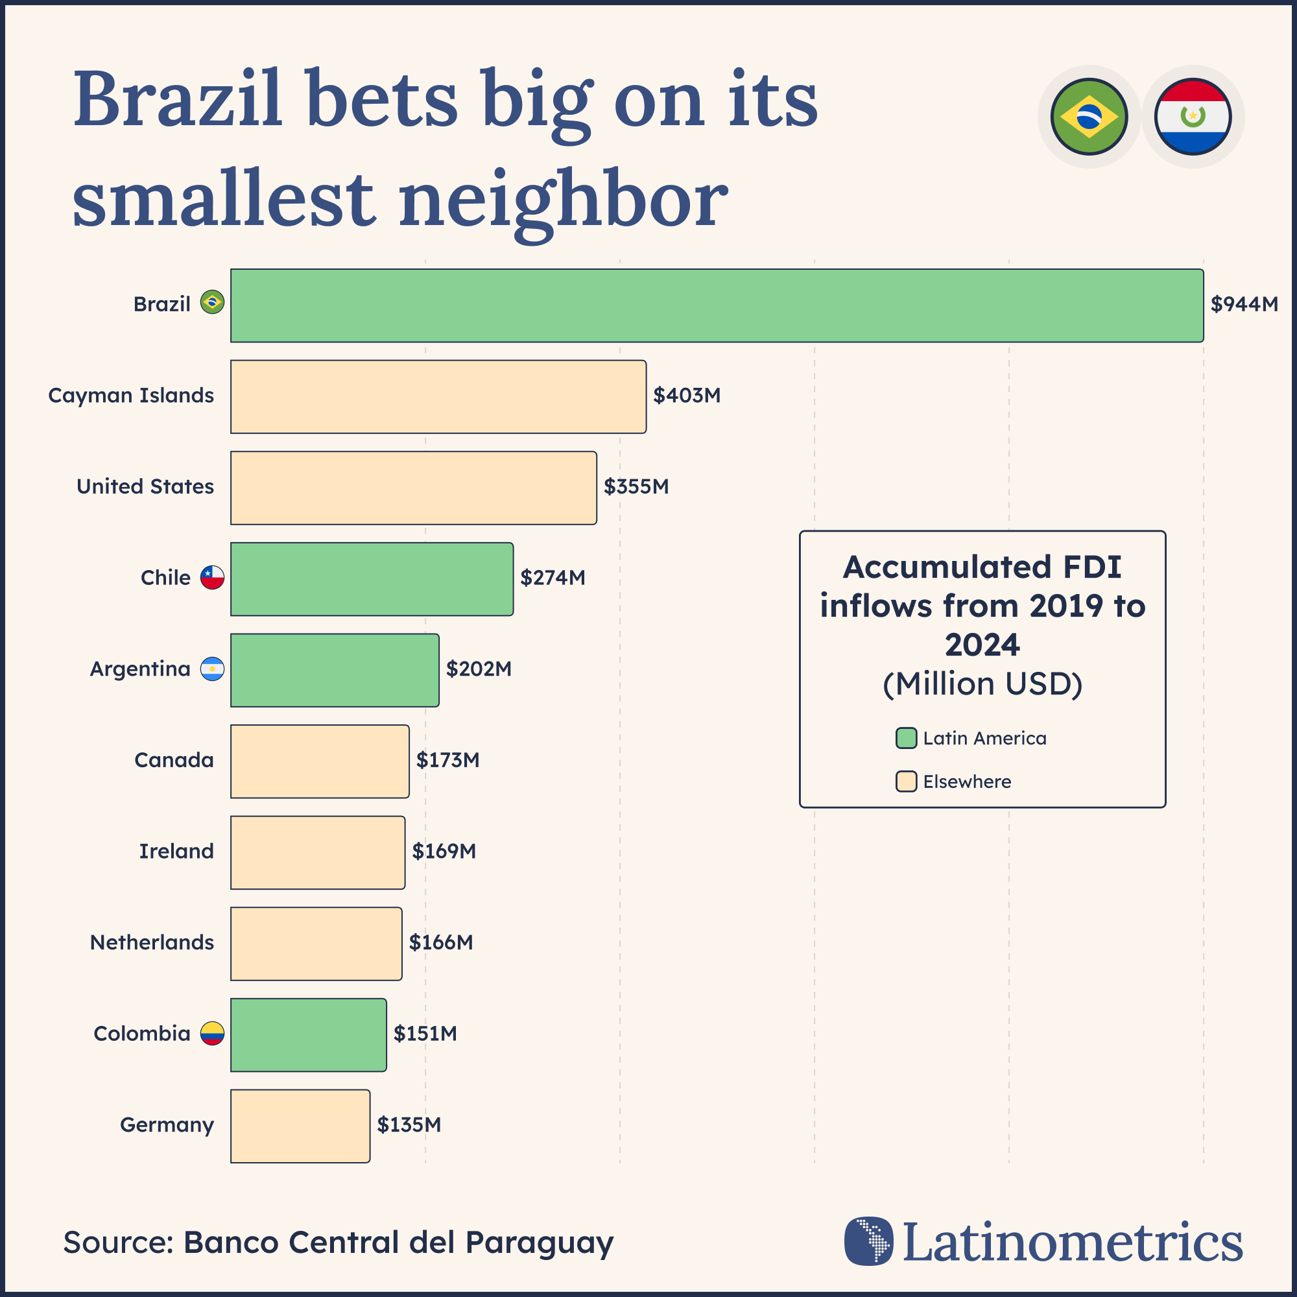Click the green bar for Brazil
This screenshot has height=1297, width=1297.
(x=717, y=305)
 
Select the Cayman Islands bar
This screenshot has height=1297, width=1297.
(x=438, y=397)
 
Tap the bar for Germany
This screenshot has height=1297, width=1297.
(x=300, y=1126)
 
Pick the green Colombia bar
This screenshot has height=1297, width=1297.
(x=308, y=1034)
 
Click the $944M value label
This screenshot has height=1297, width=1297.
(x=1243, y=305)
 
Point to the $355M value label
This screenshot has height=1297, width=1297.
(x=636, y=487)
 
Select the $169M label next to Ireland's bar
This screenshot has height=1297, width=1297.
(x=444, y=851)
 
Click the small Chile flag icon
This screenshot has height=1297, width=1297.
(x=212, y=577)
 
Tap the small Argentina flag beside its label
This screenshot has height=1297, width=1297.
(x=212, y=669)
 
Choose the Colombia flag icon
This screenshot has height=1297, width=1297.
(x=212, y=1033)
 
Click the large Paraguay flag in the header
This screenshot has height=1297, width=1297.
(x=1193, y=117)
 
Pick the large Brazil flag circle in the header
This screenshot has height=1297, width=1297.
(x=1088, y=117)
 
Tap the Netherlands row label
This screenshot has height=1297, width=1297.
(x=152, y=942)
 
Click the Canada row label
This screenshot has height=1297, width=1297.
(x=174, y=760)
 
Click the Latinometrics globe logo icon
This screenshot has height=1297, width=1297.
(x=869, y=1241)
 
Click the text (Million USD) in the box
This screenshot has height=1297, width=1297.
(x=982, y=684)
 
